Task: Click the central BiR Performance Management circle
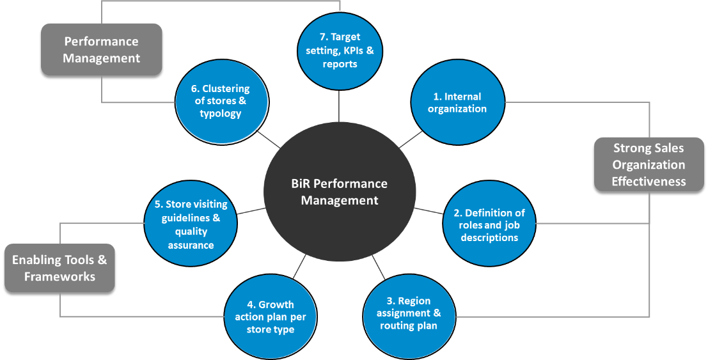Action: pos(339,192)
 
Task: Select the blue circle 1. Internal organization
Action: pos(457,102)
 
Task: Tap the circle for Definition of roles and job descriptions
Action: pos(489,224)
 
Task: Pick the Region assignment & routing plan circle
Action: pos(409,313)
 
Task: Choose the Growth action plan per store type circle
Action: pos(271,317)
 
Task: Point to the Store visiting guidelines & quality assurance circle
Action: pos(191,224)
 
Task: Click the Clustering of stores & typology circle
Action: pos(221,101)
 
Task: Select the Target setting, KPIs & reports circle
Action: pos(340,50)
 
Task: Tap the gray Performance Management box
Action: pos(102,50)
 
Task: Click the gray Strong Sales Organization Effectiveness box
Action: pos(649,164)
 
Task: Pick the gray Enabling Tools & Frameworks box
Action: pos(59,269)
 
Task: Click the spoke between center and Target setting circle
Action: pos(338,104)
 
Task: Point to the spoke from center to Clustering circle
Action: pos(269,139)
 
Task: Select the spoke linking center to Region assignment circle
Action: pos(379,267)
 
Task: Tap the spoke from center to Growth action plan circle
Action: pos(300,267)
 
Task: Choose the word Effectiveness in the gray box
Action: pos(649,182)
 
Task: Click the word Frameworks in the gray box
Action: pos(59,276)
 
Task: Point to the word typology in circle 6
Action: pos(221,114)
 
